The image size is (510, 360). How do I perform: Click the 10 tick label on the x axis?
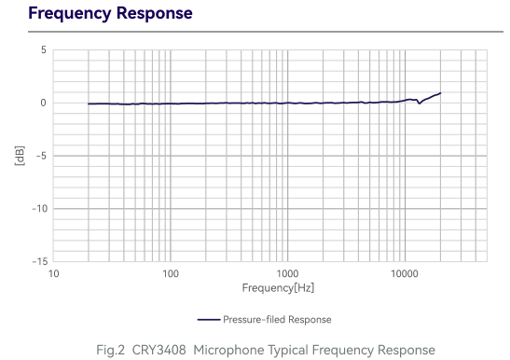(x=54, y=274)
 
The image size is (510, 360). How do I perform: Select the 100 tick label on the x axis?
(x=171, y=274)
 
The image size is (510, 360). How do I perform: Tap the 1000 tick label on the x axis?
(x=287, y=274)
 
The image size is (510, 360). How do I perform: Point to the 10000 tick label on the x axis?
(x=404, y=274)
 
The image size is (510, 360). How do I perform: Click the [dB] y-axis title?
(x=20, y=156)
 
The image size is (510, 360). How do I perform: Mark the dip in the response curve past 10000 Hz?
(x=419, y=103)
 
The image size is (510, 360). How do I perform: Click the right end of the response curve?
(x=439, y=93)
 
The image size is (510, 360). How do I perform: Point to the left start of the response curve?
(x=89, y=104)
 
